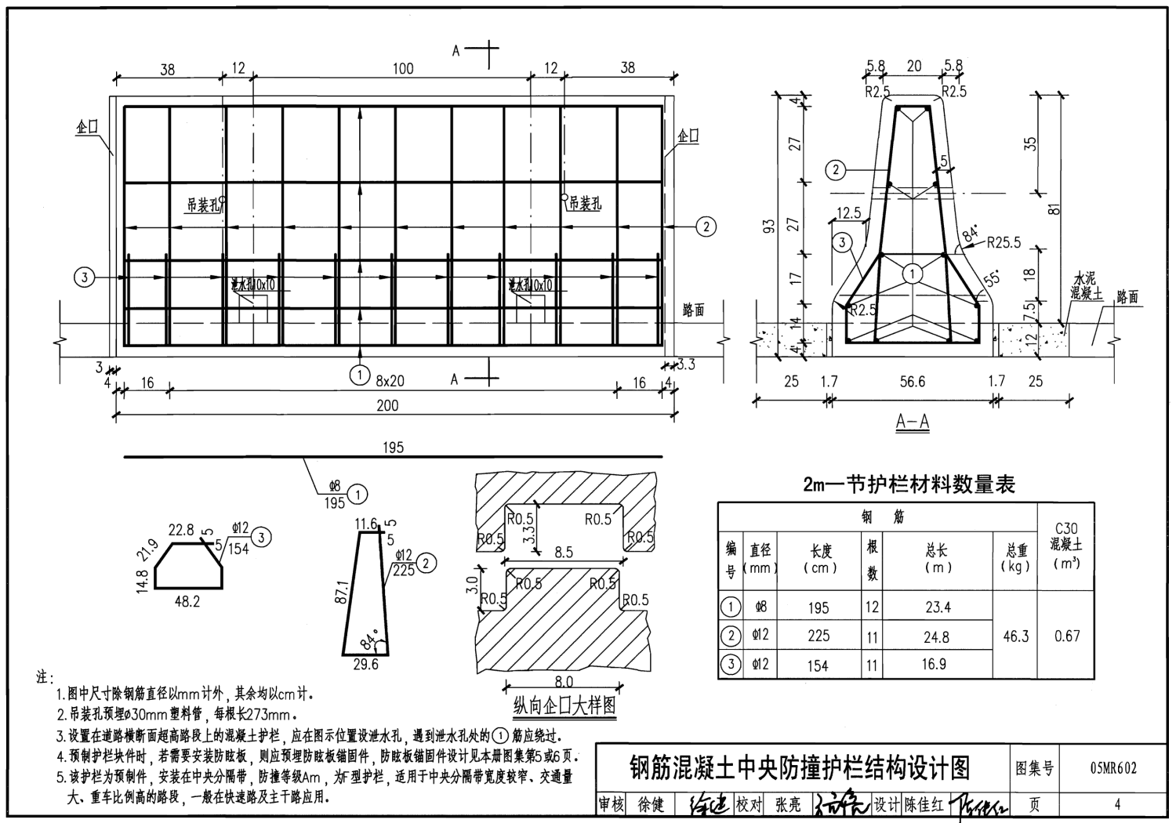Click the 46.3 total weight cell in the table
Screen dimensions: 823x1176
(x=1015, y=636)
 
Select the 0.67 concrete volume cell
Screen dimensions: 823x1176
(x=1067, y=636)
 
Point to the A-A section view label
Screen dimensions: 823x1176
(x=913, y=422)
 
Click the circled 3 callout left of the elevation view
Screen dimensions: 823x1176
(x=84, y=277)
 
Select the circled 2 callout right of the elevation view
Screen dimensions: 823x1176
(x=706, y=227)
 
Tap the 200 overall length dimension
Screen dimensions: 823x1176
(x=387, y=405)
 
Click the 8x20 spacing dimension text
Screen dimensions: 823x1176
(x=390, y=381)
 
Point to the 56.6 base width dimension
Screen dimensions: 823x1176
(x=912, y=382)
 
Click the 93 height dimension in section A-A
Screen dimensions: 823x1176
(x=769, y=227)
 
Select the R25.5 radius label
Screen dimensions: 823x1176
(x=1004, y=243)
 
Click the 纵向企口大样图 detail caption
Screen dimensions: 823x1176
(x=564, y=705)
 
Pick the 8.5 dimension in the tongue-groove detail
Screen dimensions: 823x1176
(x=563, y=553)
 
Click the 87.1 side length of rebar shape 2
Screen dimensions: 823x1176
(x=339, y=593)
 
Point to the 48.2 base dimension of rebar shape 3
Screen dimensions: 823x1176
(x=186, y=601)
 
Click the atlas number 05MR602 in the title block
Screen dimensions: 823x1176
(x=1112, y=769)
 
